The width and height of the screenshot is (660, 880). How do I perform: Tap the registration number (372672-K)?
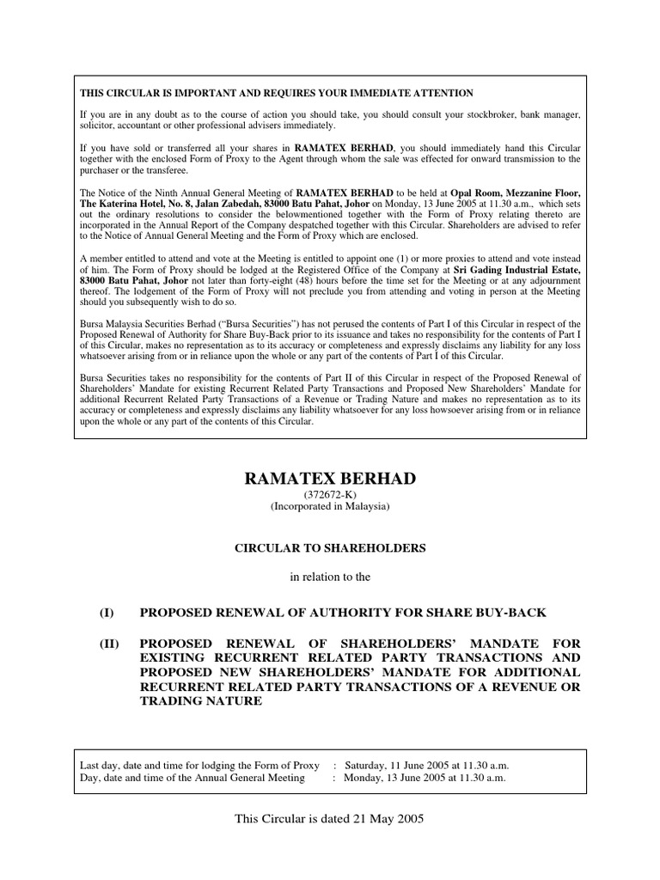click(x=330, y=494)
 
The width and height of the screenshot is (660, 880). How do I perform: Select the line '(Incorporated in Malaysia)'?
click(x=330, y=507)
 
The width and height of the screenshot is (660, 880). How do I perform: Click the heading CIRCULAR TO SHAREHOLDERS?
click(x=330, y=547)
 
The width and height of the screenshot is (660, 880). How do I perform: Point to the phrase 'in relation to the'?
click(x=330, y=577)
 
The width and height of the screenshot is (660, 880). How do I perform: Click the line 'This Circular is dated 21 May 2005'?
click(x=330, y=819)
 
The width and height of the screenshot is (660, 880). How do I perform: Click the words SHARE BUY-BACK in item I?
click(x=480, y=611)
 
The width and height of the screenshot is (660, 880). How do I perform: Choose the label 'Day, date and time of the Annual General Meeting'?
click(x=192, y=778)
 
